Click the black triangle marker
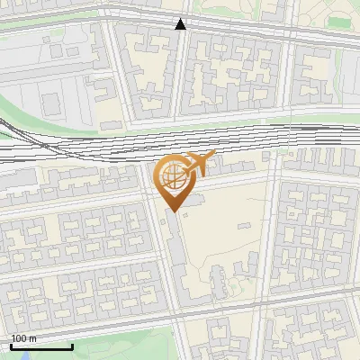click(x=181, y=24)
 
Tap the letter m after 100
click(x=33, y=338)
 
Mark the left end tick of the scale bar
click(x=11, y=346)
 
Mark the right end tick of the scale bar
click(x=72, y=346)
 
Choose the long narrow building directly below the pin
click(x=179, y=261)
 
